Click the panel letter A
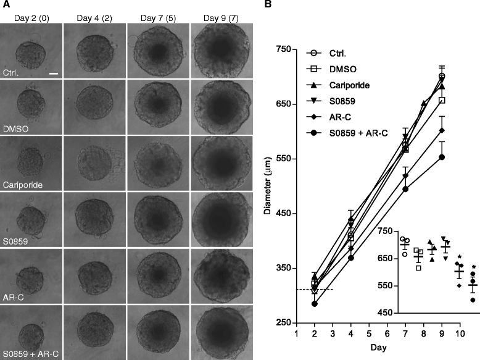pyautogui.click(x=4, y=5)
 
